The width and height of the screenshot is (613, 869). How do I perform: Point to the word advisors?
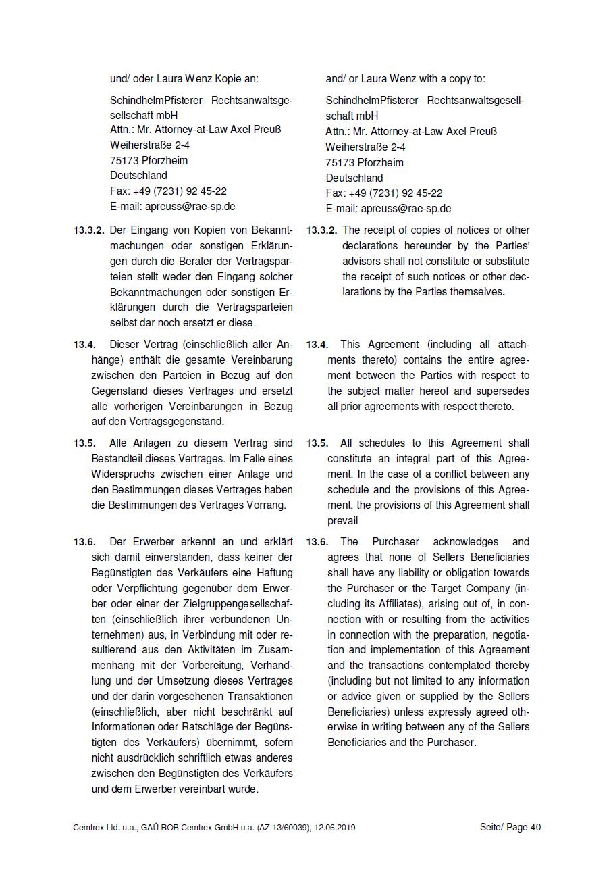click(363, 261)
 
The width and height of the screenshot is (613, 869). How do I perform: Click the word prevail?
click(342, 521)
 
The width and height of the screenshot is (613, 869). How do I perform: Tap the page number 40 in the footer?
click(535, 828)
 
